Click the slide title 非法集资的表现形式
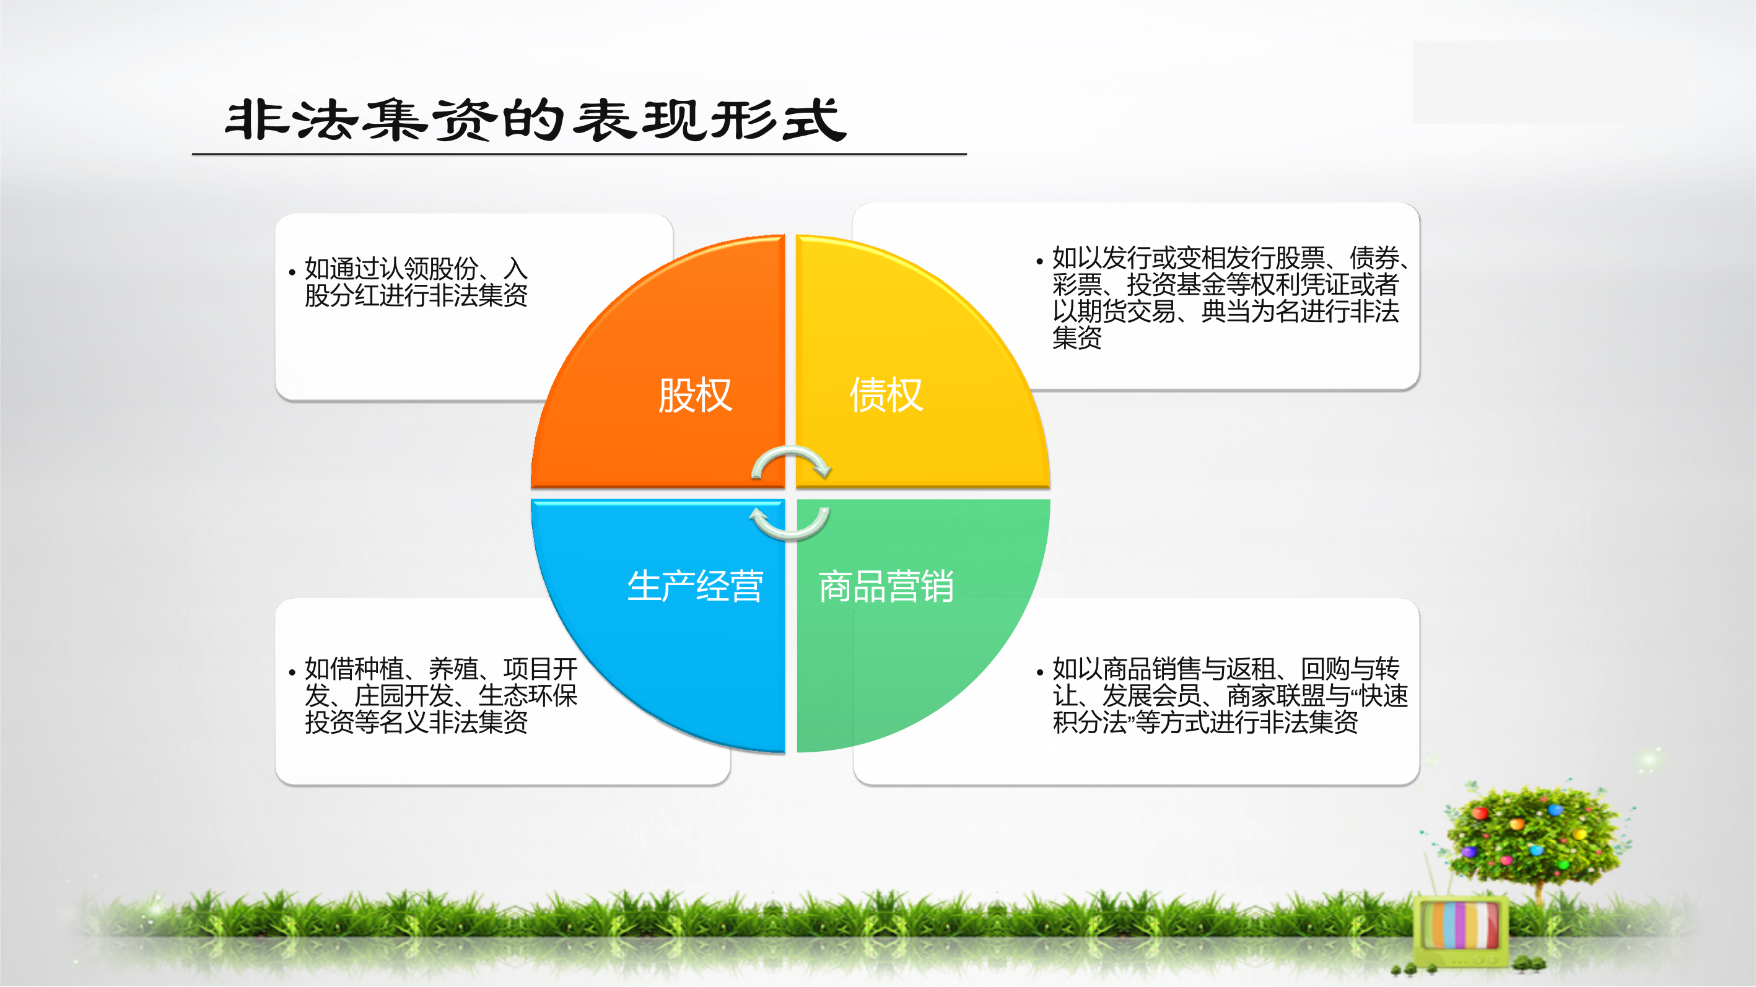[536, 120]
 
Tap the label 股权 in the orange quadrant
[694, 394]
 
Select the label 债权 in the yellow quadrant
[886, 394]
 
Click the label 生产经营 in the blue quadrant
[694, 586]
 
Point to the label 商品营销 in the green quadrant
[886, 586]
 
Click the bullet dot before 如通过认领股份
[292, 272]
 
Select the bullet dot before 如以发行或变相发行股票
[1039, 261]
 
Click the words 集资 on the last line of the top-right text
[1077, 337]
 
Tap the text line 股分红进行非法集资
[416, 295]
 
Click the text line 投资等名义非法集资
[416, 722]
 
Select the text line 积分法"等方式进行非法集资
[1205, 722]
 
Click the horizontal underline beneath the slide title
[579, 155]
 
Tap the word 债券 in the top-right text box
[1374, 258]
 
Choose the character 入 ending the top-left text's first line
[515, 269]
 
